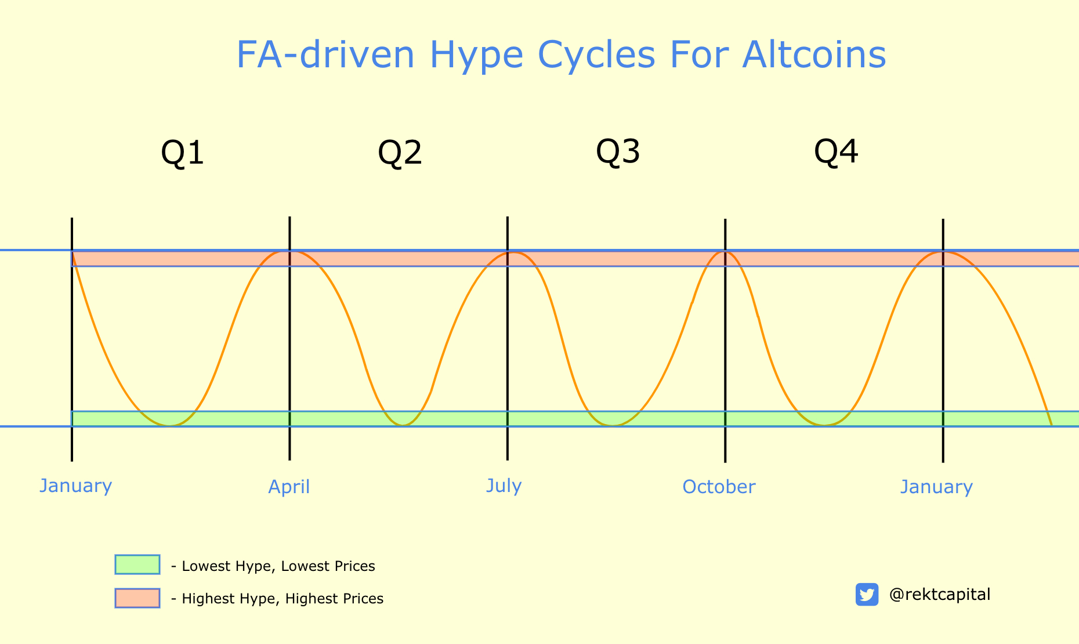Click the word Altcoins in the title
[x=814, y=55]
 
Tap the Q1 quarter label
[x=183, y=153]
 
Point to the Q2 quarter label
[x=400, y=153]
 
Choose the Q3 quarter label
[x=618, y=152]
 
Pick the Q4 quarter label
[x=836, y=152]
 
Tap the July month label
[x=504, y=486]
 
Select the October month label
[x=719, y=487]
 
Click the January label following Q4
[x=936, y=487]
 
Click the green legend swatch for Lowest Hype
[x=137, y=565]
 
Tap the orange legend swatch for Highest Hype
[x=137, y=598]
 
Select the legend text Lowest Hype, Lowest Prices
[x=278, y=566]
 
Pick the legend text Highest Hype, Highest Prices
[x=283, y=599]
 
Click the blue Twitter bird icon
[x=867, y=595]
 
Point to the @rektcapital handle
[x=940, y=595]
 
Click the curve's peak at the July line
[x=511, y=252]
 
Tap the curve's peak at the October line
[x=725, y=252]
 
